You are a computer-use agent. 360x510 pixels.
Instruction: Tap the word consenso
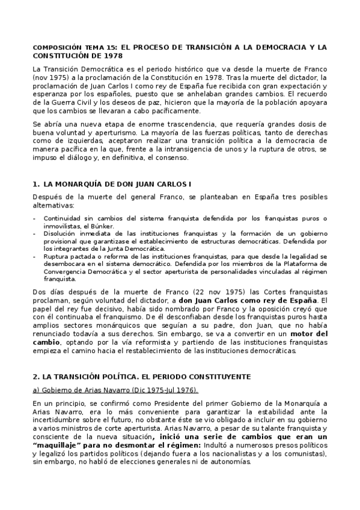[172, 158]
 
